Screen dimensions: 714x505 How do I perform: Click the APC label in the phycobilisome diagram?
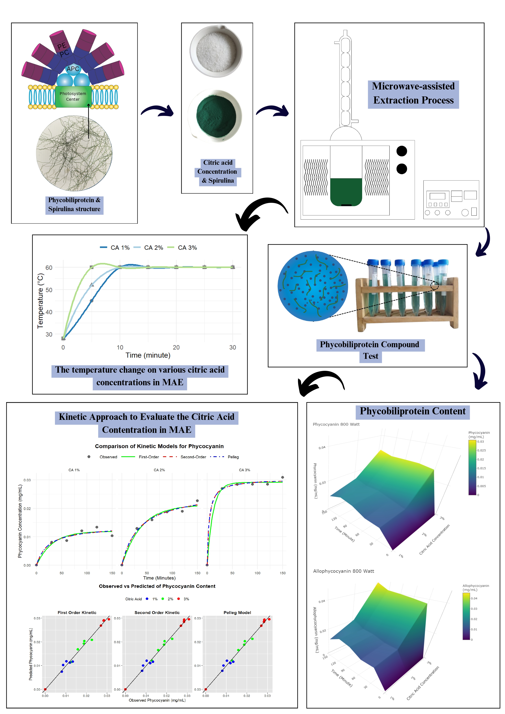pos(73,69)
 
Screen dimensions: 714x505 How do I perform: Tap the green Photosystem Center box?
pos(73,96)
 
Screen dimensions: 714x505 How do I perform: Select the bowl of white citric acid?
pos(216,51)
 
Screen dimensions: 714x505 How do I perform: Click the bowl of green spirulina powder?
pos(215,116)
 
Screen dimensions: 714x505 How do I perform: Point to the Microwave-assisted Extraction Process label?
pos(413,93)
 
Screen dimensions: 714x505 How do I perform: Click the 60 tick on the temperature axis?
pos(49,267)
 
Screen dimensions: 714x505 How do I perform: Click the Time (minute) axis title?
pos(148,355)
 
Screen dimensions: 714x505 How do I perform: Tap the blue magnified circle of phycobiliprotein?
pos(313,286)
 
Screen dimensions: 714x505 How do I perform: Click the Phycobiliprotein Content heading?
pos(412,411)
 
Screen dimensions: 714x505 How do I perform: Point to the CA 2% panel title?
pos(159,470)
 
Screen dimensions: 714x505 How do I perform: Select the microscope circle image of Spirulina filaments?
pos(74,153)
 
